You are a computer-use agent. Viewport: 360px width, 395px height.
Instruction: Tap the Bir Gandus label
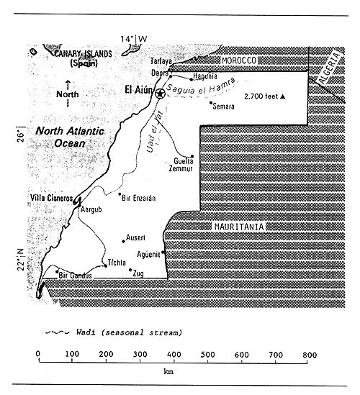click(76, 277)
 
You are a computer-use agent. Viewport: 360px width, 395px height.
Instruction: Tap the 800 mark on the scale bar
click(309, 355)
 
